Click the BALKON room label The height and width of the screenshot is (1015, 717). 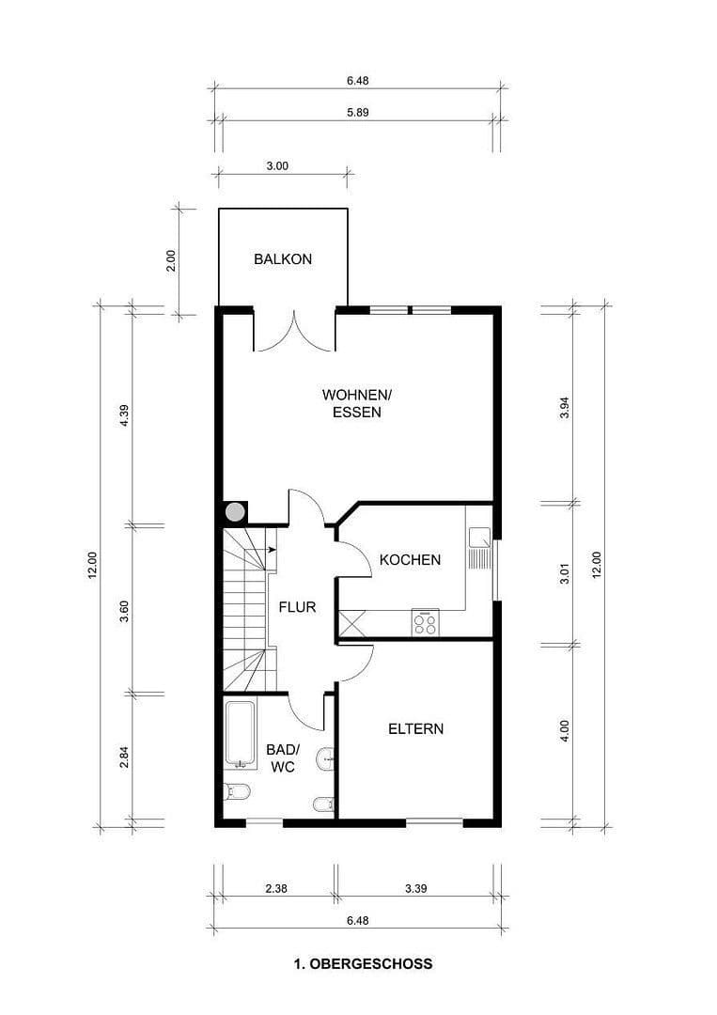click(282, 259)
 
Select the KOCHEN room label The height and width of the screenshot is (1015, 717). click(410, 560)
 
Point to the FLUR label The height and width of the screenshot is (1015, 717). click(297, 607)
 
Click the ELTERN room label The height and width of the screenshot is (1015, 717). click(415, 728)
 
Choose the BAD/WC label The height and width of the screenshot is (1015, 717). click(282, 758)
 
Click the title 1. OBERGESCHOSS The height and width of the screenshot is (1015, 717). click(363, 963)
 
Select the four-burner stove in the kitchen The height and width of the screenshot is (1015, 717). click(425, 622)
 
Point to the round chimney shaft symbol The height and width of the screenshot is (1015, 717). click(235, 512)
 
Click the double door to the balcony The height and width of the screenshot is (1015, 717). click(294, 331)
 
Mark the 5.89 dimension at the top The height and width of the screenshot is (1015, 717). click(357, 111)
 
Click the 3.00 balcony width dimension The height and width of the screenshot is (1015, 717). click(277, 165)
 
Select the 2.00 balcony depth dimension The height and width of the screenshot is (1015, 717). click(170, 260)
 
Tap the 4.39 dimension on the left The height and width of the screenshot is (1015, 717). click(123, 414)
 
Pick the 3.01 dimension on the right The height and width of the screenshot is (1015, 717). click(565, 574)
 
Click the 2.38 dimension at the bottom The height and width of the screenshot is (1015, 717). click(276, 886)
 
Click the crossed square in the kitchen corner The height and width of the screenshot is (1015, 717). click(354, 624)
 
